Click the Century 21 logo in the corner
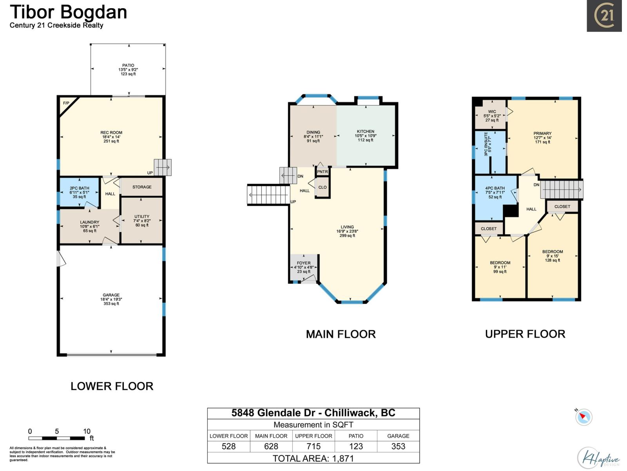coord(604,16)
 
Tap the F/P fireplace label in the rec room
coord(66,103)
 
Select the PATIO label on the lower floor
coord(128,66)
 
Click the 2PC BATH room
coord(80,192)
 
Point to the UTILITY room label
coord(142,216)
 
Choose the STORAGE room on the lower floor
coord(142,187)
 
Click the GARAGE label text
coord(111,295)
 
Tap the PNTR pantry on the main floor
coord(322,172)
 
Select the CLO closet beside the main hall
coord(323,188)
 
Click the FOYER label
coord(304,263)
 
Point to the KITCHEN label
coord(366,131)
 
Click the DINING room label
coord(313,132)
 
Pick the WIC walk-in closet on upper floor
coord(492,112)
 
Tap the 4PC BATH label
coord(495,188)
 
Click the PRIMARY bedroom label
coord(542,133)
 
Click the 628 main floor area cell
coord(271,446)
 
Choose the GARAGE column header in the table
coord(398,436)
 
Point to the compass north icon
coord(584,416)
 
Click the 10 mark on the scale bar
coord(87,431)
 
